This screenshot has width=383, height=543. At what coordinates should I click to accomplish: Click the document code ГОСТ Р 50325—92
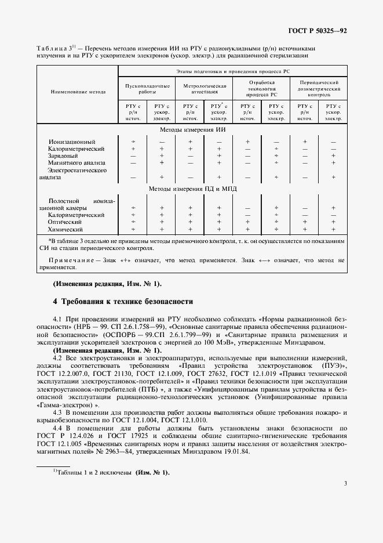click(317, 30)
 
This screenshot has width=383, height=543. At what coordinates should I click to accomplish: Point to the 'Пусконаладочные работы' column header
click(147, 88)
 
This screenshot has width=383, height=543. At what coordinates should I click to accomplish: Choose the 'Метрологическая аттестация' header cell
click(204, 88)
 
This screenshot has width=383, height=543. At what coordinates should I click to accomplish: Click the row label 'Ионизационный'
click(72, 142)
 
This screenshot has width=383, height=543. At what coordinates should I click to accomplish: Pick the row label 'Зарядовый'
click(64, 155)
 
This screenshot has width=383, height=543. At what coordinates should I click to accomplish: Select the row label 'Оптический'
click(65, 222)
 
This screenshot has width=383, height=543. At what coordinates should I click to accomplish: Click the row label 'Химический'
click(65, 230)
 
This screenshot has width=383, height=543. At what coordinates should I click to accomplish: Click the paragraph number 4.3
click(59, 412)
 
